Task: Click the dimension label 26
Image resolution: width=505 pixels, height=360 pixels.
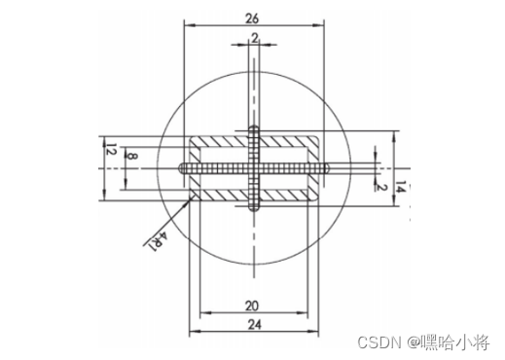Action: click(x=252, y=18)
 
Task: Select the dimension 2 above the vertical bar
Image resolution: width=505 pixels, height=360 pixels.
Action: click(x=255, y=38)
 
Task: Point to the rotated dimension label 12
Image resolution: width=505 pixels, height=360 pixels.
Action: click(x=111, y=149)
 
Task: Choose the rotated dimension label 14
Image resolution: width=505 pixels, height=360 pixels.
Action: click(x=401, y=187)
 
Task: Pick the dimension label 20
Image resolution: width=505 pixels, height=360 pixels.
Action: click(x=252, y=306)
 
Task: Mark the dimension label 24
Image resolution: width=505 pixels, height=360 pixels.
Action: click(x=255, y=324)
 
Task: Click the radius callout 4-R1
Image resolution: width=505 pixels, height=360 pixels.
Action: click(x=158, y=241)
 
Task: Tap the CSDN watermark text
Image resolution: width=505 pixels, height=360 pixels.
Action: click(x=379, y=342)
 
